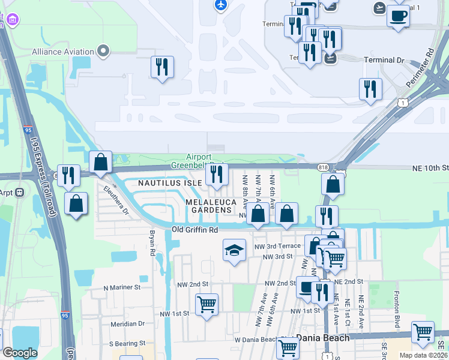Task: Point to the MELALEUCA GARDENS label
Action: point(208,206)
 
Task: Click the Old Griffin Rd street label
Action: point(194,229)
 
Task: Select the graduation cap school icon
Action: point(235,250)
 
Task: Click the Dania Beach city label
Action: point(323,338)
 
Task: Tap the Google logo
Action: point(20,353)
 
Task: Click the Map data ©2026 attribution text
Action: point(423,355)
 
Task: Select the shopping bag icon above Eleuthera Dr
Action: point(100,162)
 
